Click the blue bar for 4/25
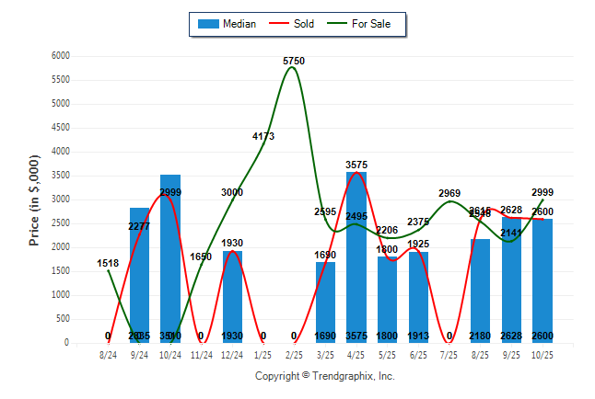[x=356, y=257]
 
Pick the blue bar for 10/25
[x=542, y=280]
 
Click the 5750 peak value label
[x=294, y=61]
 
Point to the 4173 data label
[x=263, y=136]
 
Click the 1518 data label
[x=108, y=264]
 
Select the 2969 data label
[x=449, y=193]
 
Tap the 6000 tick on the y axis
[x=61, y=56]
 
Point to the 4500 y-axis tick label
[x=61, y=128]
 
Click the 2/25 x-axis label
[x=294, y=354]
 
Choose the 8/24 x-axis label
[x=108, y=354]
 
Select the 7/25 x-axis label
[x=449, y=354]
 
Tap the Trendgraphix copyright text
[x=324, y=376]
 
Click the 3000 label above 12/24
[x=232, y=192]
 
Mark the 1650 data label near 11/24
[x=201, y=256]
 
